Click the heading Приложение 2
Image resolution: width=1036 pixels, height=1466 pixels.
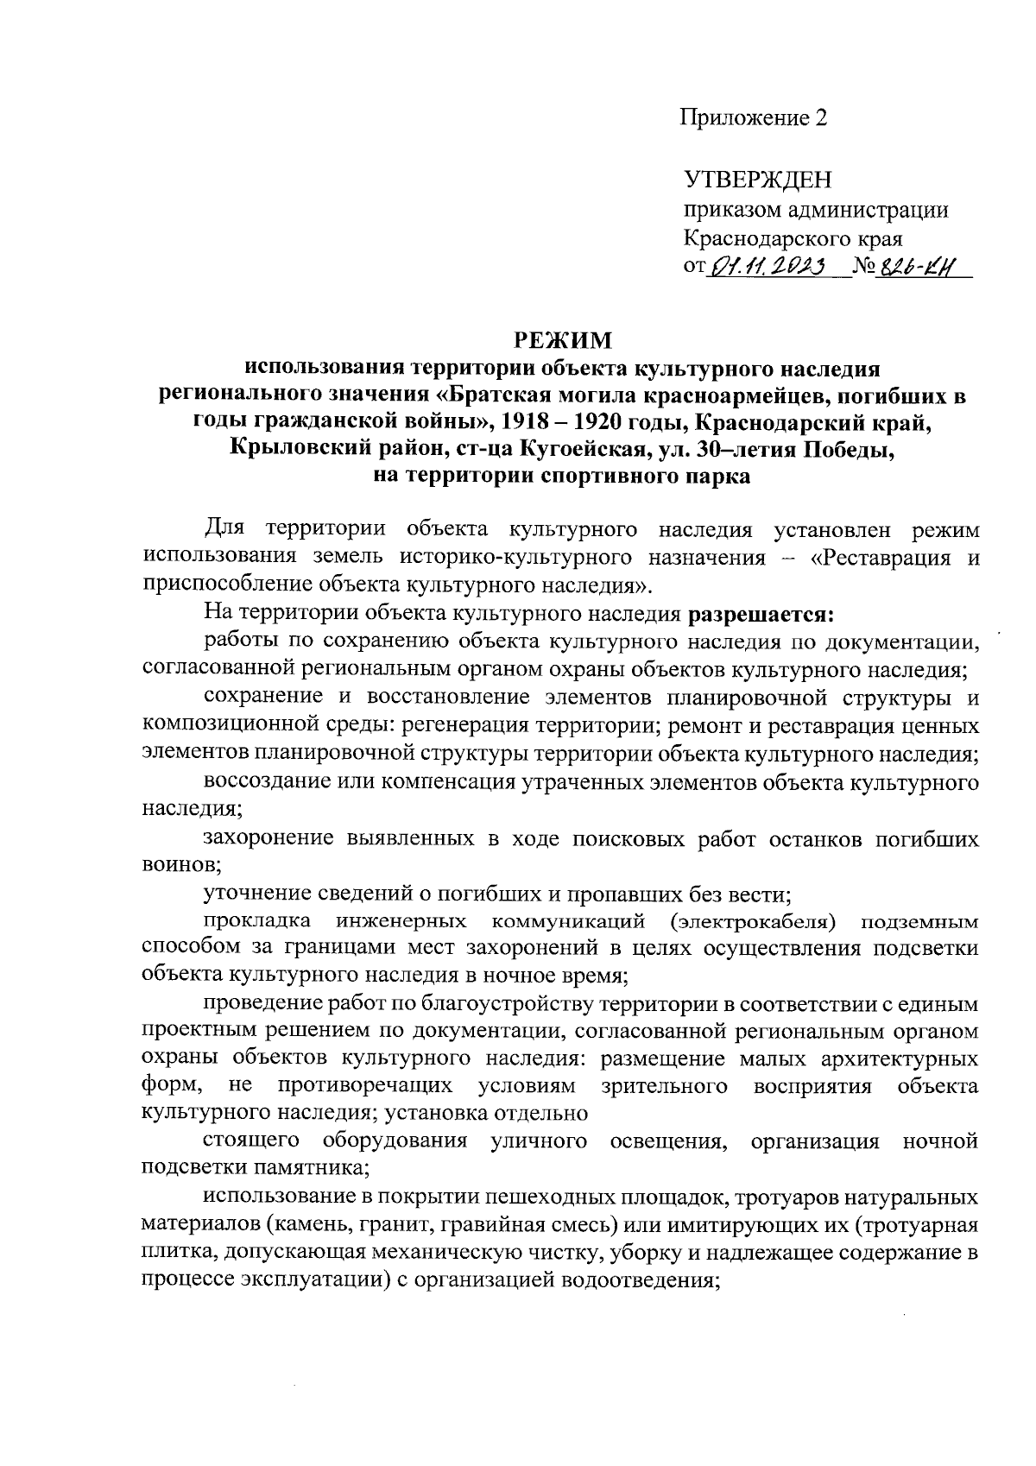pyautogui.click(x=755, y=118)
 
